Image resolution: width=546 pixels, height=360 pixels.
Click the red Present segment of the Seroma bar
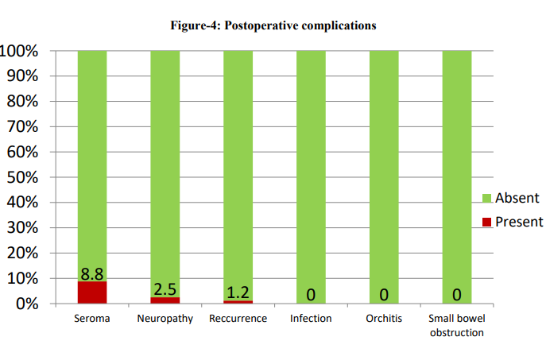coord(92,292)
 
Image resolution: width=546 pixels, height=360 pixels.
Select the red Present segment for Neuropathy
coord(165,300)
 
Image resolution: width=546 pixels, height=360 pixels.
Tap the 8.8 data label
coord(92,273)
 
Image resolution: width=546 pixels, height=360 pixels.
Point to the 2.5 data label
coord(165,288)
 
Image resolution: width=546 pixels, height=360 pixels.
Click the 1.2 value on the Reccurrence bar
coord(238,292)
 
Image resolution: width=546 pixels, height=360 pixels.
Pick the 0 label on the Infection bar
coord(311,295)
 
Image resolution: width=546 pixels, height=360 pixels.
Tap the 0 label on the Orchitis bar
coord(384,295)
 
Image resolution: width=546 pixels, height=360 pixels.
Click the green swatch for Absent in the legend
coord(487,198)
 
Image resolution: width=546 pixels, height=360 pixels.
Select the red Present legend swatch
coord(487,223)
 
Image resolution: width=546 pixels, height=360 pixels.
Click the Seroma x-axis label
coord(92,319)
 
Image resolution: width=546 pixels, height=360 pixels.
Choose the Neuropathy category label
coord(165,319)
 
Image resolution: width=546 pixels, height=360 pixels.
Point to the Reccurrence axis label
coord(238,319)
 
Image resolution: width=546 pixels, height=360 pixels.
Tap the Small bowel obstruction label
coord(457,326)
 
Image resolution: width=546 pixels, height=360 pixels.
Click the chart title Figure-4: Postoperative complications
coord(273,25)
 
